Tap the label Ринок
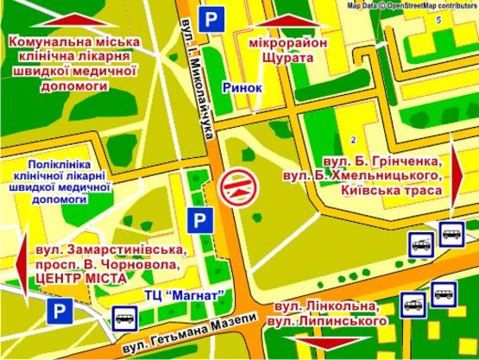click(240, 86)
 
